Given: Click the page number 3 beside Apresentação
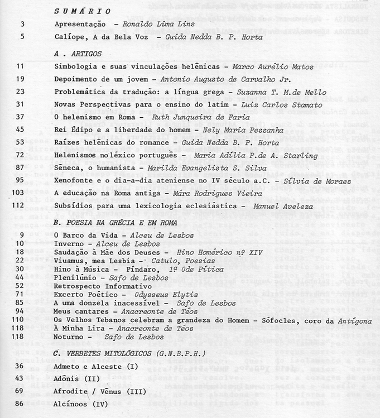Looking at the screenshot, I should pos(22,25).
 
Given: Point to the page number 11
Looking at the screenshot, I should pos(21,67).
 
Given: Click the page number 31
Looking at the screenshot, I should pos(21,104).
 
